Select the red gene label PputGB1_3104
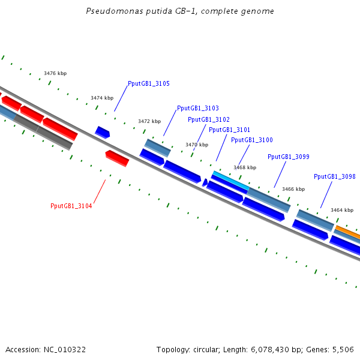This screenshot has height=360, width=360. [71, 206]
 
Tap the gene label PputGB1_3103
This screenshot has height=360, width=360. [197, 109]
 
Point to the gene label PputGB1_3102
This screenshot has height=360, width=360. [208, 119]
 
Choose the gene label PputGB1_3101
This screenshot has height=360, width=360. [229, 130]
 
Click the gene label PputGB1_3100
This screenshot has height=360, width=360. [251, 140]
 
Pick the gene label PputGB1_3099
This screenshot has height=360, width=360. [288, 157]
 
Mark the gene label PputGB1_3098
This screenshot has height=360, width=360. [334, 176]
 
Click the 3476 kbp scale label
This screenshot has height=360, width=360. [55, 73]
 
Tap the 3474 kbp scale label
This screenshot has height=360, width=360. [102, 98]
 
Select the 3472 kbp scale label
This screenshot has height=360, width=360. [149, 121]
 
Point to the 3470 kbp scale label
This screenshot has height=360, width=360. [197, 145]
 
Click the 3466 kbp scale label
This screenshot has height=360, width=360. [293, 189]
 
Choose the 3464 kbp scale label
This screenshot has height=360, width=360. [342, 210]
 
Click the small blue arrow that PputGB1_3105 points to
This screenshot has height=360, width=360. [103, 132]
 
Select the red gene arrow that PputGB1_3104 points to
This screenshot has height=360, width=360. [117, 158]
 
